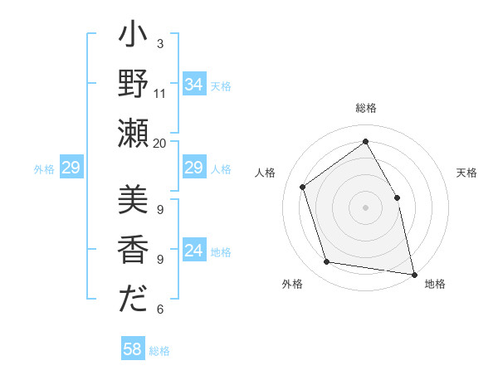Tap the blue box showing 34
click(193, 85)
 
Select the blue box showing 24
click(193, 251)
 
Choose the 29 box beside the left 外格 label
click(71, 168)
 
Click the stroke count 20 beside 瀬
click(160, 143)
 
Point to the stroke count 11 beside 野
click(160, 94)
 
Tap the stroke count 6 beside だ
click(160, 310)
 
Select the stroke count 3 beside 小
click(160, 43)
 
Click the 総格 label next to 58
click(159, 351)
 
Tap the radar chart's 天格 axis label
click(467, 173)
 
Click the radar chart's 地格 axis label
click(435, 284)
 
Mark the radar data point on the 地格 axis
click(413, 273)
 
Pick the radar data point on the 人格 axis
click(303, 187)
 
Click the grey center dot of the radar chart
click(365, 207)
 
